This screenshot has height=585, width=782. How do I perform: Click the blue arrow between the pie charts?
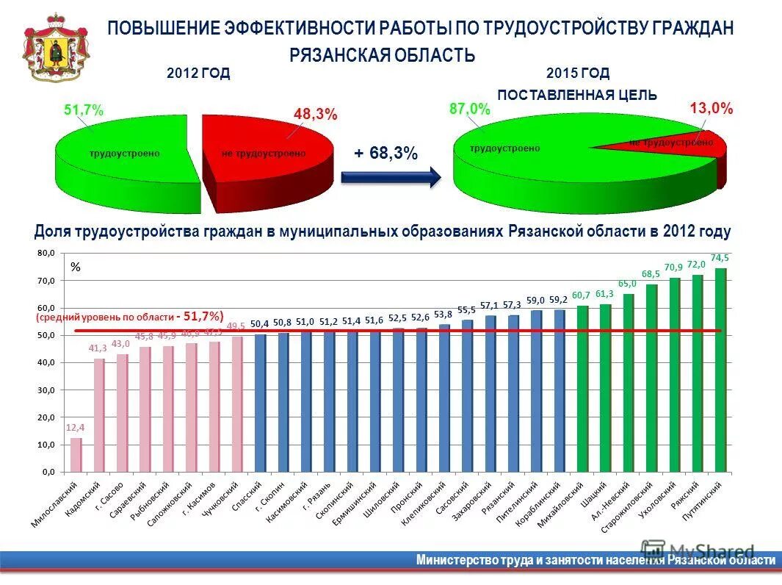click(391, 177)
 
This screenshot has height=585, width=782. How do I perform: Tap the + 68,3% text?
click(385, 153)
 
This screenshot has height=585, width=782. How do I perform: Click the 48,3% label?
click(315, 115)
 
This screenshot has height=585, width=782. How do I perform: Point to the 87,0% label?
click(469, 109)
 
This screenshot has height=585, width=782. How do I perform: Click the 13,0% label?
click(712, 109)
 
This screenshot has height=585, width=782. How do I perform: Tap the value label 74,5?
click(720, 257)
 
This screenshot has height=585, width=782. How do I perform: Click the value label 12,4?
click(75, 427)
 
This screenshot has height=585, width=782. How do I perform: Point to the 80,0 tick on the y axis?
click(46, 254)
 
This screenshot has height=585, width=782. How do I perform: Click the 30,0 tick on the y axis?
click(46, 390)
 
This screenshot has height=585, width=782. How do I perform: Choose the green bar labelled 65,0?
click(628, 382)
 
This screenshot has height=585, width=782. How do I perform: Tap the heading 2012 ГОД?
click(198, 73)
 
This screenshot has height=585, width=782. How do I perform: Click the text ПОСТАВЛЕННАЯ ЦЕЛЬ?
click(577, 95)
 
